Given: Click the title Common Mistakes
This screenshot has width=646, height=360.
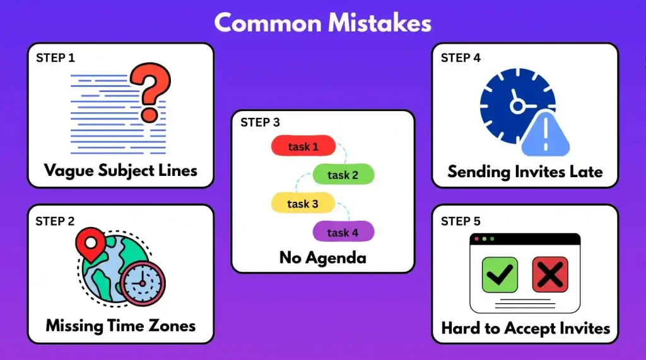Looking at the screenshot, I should pyautogui.click(x=322, y=23).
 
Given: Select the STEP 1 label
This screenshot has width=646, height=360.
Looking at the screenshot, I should pyautogui.click(x=56, y=58).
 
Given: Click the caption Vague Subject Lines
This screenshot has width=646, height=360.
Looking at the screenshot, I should pyautogui.click(x=120, y=170).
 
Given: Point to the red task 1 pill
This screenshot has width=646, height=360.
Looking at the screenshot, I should pyautogui.click(x=303, y=146).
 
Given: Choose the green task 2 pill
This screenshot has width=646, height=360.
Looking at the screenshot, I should pyautogui.click(x=343, y=175).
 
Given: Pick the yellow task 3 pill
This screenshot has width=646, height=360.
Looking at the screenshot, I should pyautogui.click(x=302, y=204).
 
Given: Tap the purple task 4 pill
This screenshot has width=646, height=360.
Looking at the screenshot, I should pyautogui.click(x=343, y=233).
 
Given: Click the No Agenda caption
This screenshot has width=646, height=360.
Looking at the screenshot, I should pyautogui.click(x=322, y=258).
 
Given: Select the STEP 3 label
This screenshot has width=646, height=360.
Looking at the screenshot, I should pyautogui.click(x=260, y=122).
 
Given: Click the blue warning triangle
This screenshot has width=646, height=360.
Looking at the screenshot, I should pyautogui.click(x=546, y=134).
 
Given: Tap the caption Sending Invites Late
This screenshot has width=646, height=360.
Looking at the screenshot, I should pyautogui.click(x=525, y=171).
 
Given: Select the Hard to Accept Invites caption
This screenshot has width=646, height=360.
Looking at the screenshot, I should pyautogui.click(x=525, y=328).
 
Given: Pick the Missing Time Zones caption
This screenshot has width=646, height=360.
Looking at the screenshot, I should pyautogui.click(x=120, y=326).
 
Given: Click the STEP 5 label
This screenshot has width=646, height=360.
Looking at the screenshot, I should pyautogui.click(x=461, y=221).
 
